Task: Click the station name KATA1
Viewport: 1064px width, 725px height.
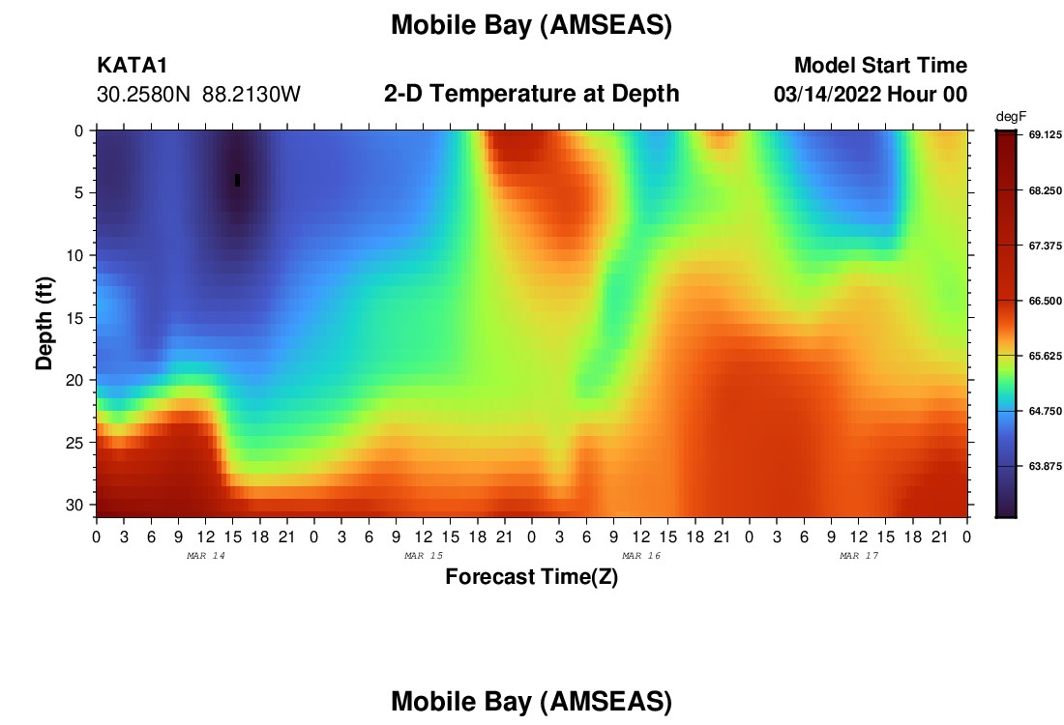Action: [132, 65]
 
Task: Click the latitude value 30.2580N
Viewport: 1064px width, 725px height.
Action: [144, 95]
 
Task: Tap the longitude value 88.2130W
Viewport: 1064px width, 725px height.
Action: [251, 95]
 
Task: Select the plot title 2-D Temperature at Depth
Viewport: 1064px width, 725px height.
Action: [531, 94]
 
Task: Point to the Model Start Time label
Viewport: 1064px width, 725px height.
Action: [881, 65]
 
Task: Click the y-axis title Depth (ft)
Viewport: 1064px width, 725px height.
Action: [44, 323]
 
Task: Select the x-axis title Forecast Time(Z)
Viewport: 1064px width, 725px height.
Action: [531, 576]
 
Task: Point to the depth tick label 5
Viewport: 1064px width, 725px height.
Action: [79, 192]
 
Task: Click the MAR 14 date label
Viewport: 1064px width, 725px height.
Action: [206, 556]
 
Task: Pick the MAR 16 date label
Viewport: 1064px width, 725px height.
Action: [641, 556]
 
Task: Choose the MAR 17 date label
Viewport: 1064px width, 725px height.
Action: [859, 556]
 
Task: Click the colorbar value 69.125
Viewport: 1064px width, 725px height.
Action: [1045, 135]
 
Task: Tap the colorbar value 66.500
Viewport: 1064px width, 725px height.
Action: [1045, 301]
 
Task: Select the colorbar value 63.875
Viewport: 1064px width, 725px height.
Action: [1045, 466]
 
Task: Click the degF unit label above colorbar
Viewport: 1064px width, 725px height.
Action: [1011, 117]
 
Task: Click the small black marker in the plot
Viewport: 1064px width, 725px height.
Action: [238, 180]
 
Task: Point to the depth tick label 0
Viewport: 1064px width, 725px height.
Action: [79, 130]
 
